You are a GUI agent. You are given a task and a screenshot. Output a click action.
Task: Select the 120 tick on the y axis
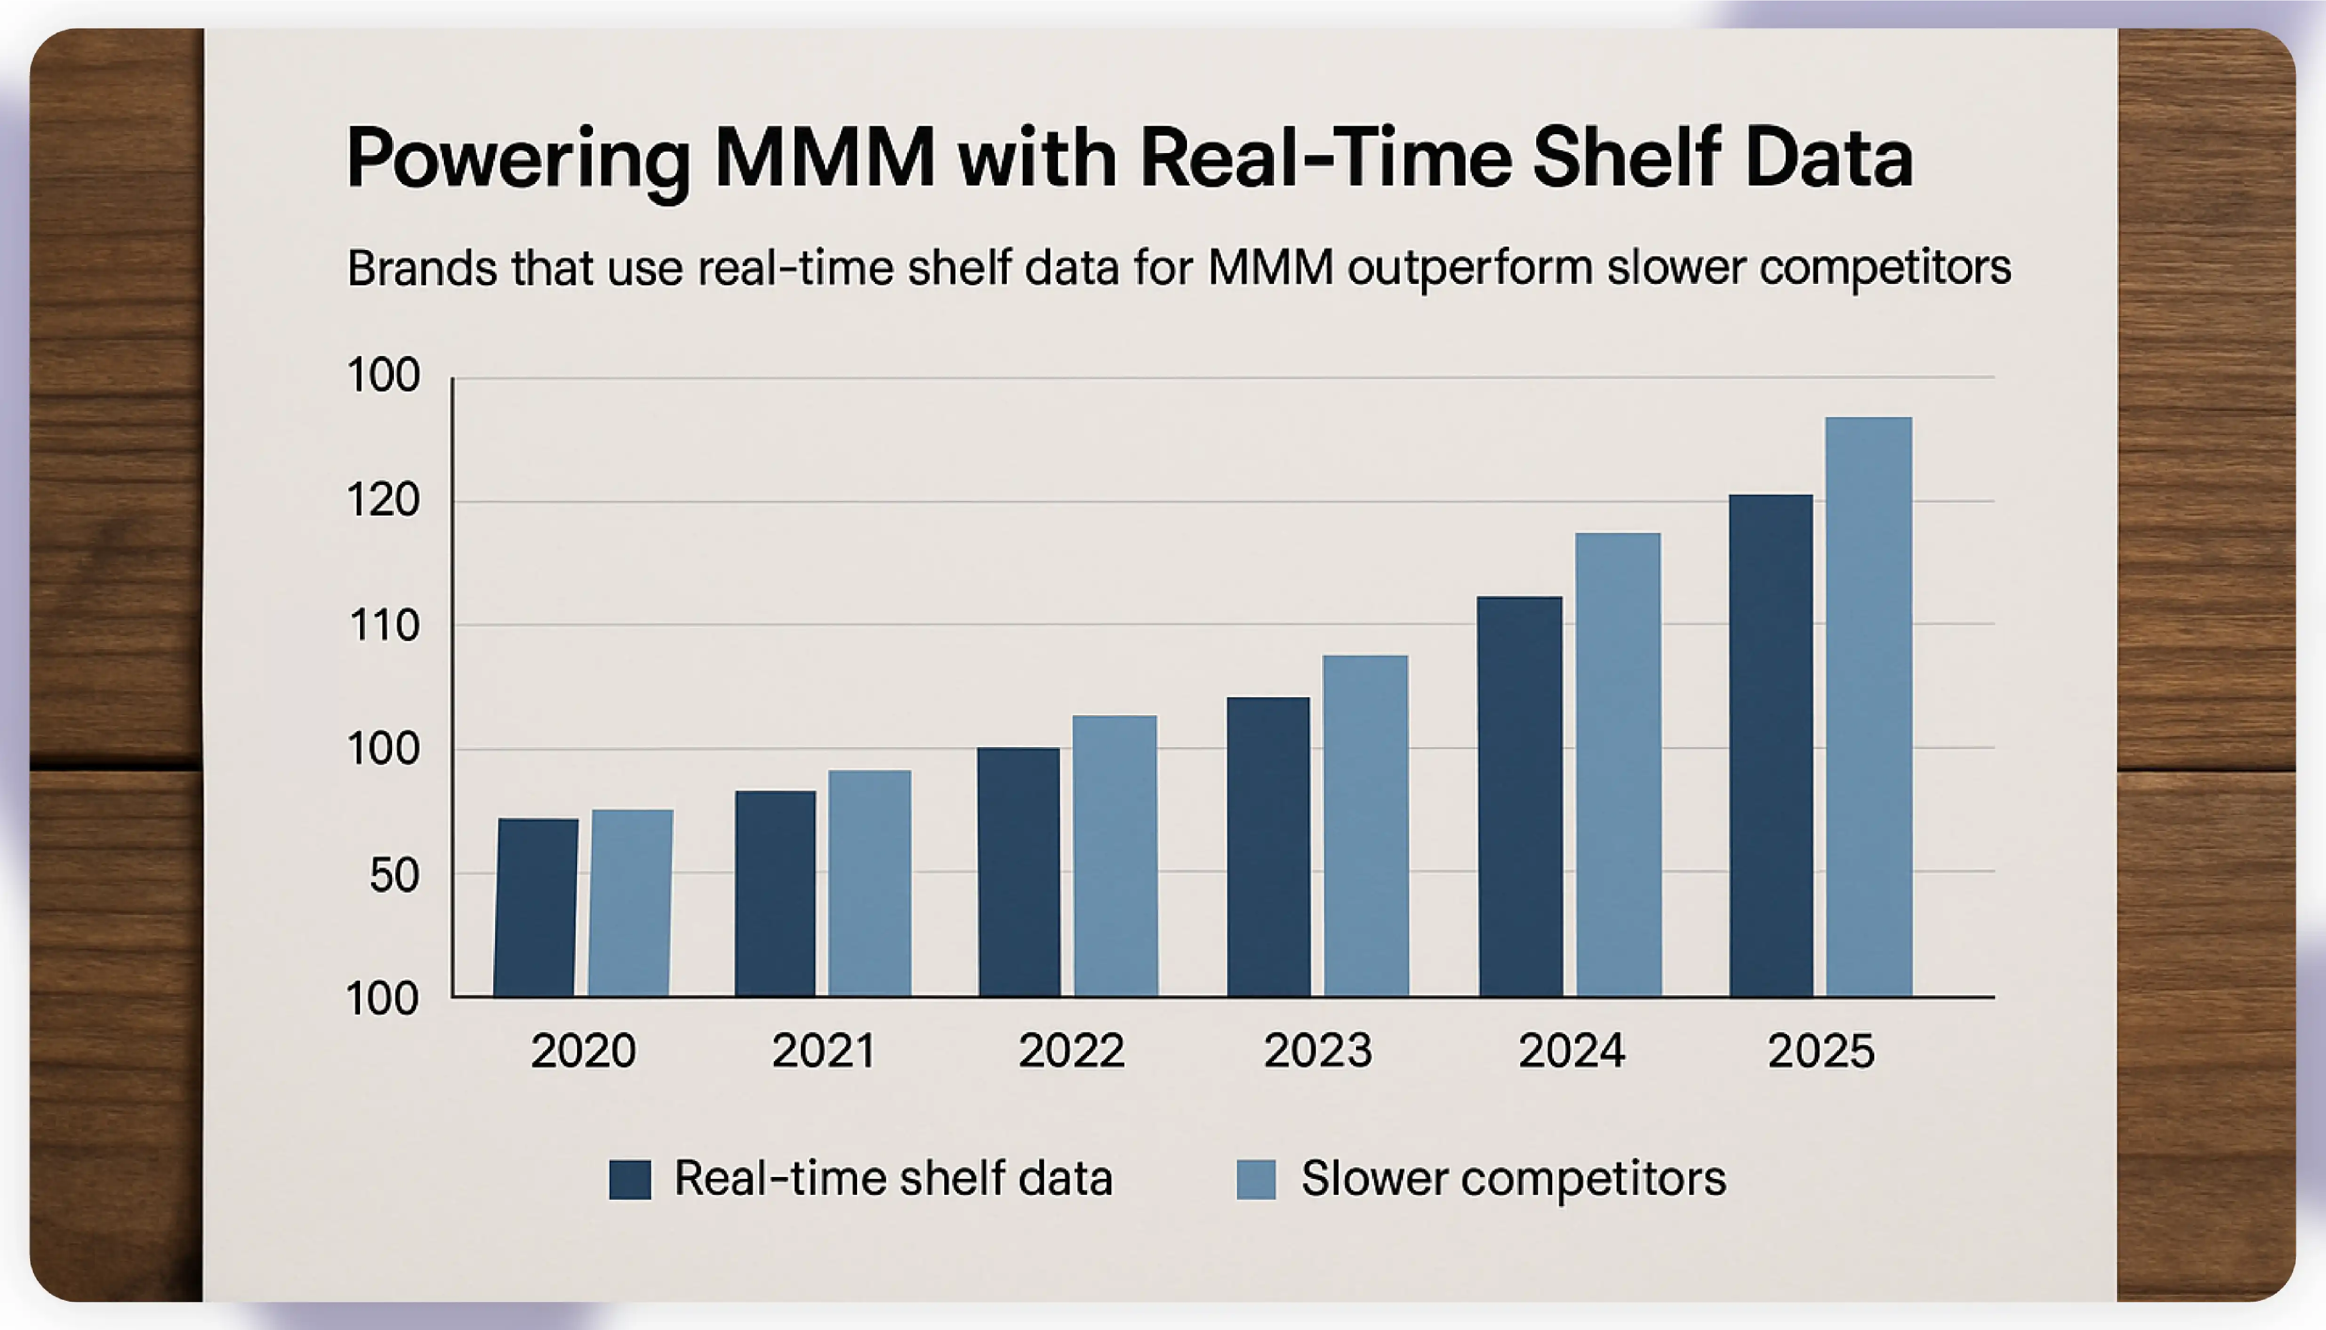click(384, 500)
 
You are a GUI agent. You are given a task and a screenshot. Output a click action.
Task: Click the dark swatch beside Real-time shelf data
click(630, 1179)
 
